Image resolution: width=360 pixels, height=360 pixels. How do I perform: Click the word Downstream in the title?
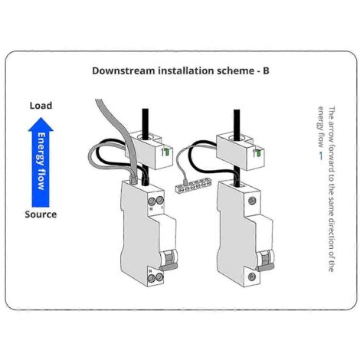123,70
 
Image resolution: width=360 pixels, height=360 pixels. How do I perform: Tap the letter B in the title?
266,70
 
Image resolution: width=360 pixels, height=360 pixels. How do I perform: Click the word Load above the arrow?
41,106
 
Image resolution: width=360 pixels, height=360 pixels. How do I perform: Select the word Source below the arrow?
41,214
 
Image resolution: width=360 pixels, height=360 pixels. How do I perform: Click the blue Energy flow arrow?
41,162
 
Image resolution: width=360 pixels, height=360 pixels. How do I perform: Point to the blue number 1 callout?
321,155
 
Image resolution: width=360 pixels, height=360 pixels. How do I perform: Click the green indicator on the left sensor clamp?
167,152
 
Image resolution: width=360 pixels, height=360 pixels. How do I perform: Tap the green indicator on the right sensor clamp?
258,153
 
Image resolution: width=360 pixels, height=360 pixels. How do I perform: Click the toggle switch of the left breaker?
168,260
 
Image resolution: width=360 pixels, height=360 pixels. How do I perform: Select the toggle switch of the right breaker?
265,260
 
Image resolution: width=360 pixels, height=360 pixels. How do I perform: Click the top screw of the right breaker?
252,201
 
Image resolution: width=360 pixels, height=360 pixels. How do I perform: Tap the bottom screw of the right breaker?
252,277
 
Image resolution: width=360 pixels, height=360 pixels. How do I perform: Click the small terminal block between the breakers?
190,185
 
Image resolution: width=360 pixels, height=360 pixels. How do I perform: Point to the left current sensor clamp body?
149,150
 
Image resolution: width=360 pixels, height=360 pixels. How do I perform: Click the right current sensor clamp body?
241,152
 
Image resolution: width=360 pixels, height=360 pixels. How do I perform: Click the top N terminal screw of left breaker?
152,201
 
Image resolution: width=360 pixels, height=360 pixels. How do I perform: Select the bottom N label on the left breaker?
151,270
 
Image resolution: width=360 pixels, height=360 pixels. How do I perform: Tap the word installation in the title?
185,70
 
